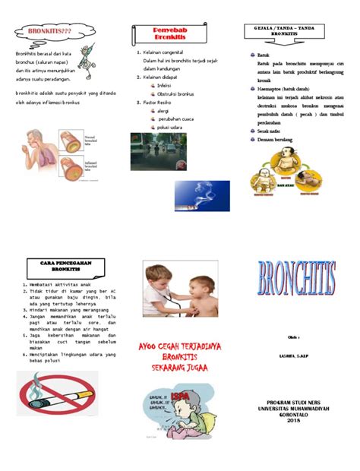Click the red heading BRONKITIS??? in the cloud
tap(46, 31)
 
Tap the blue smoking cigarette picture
tap(201, 194)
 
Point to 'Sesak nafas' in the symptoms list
tap(271, 131)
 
